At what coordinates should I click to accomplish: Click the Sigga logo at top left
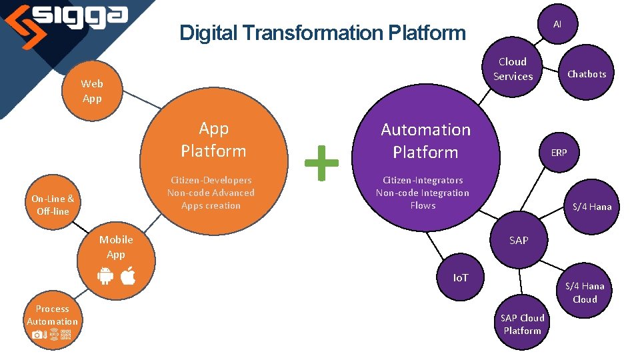pos(67,19)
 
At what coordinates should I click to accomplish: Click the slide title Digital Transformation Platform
pos(323,32)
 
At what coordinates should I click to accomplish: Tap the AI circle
pos(557,23)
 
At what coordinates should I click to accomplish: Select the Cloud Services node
pos(513,69)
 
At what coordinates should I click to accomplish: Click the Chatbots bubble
pos(586,74)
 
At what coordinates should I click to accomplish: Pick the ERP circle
pos(559,153)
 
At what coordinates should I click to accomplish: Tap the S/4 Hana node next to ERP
pos(592,207)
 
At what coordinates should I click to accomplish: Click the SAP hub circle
pos(519,240)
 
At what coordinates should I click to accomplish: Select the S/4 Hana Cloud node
pos(585,293)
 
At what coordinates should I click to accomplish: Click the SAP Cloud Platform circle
pos(523,324)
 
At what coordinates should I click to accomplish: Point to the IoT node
pos(461,277)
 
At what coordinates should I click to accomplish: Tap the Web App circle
pos(92,91)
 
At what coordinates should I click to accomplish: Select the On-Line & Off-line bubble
pos(53,205)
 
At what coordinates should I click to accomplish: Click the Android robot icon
pos(105,276)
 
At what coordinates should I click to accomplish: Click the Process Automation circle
pos(52,321)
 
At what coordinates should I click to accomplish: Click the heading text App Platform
pos(213,139)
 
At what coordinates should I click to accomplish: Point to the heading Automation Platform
pos(425,141)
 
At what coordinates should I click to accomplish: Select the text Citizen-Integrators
pos(423,180)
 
